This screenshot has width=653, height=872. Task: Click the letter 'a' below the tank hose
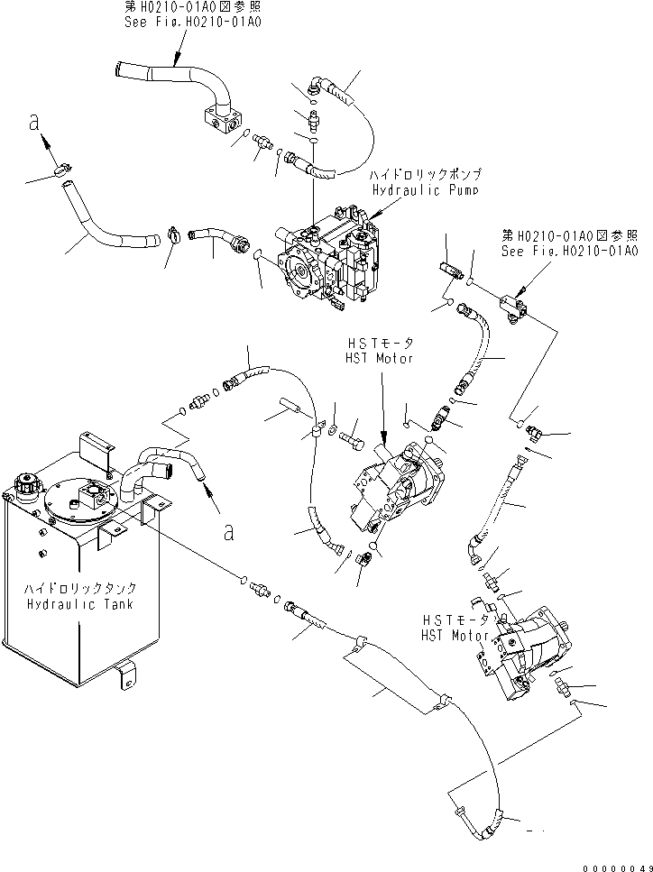coord(229,532)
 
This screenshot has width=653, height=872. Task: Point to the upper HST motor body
coord(397,487)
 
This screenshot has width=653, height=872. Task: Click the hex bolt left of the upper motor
coord(354,439)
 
